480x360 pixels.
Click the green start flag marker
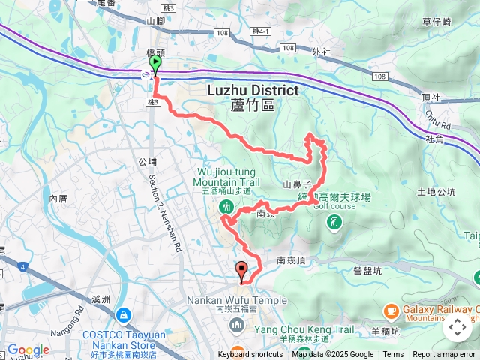(154, 64)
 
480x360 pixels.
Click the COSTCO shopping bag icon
(122, 313)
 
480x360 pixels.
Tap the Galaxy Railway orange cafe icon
(390, 310)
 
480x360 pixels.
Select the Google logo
(28, 349)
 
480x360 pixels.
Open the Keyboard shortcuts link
(250, 355)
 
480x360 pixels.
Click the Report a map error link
(444, 355)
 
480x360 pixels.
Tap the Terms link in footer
(393, 355)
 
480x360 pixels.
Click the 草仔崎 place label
(436, 22)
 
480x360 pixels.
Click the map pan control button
(457, 327)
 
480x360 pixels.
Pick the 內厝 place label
(58, 199)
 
